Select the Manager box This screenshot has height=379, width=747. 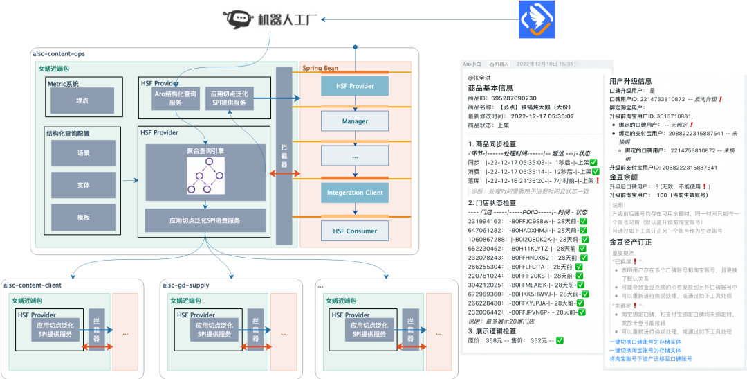coord(355,121)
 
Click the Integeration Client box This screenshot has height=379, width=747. coord(355,193)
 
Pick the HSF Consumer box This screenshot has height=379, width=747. coord(355,231)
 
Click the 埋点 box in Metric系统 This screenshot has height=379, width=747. coord(82,101)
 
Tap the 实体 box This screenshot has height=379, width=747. coord(83,185)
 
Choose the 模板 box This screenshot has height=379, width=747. coord(83,217)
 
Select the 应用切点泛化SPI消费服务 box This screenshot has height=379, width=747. coord(205,220)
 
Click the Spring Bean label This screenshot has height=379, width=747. coord(320,68)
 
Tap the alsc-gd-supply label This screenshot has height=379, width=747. coord(185,285)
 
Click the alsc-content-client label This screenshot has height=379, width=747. coord(33,285)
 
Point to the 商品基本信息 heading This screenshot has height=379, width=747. coord(491,88)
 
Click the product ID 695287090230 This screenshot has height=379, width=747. coord(517,98)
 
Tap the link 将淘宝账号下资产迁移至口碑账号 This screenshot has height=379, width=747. coord(650,359)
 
